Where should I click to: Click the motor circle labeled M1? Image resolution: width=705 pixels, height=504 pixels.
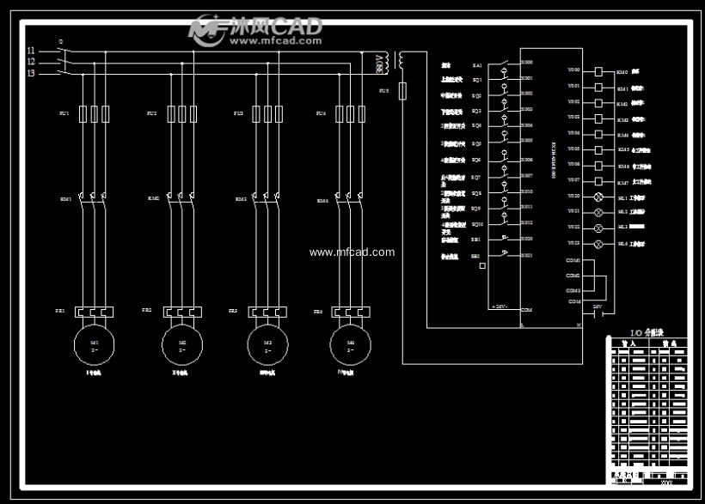tap(95, 345)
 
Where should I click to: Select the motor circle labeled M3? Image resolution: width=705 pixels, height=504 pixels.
tap(266, 345)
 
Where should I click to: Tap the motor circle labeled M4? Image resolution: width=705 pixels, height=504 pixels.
tap(350, 345)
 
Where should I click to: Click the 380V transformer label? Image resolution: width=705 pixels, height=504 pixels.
tap(379, 63)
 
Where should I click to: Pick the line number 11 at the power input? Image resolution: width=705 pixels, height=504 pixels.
tap(31, 51)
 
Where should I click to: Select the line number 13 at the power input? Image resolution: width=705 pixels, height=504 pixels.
tap(31, 73)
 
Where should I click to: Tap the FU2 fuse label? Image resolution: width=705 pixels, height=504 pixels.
tap(152, 113)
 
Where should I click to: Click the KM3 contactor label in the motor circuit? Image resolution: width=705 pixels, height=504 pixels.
tap(241, 199)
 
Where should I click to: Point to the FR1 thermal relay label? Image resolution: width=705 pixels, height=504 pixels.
tap(60, 310)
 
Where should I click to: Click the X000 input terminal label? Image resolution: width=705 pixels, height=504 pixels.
tap(526, 63)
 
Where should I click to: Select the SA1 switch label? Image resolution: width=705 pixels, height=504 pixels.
tap(477, 65)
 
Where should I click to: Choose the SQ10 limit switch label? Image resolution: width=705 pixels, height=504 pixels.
tap(477, 224)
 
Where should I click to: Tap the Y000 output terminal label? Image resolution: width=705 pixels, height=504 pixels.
tap(573, 70)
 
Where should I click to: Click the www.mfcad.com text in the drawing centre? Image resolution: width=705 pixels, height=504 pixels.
tap(352, 252)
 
